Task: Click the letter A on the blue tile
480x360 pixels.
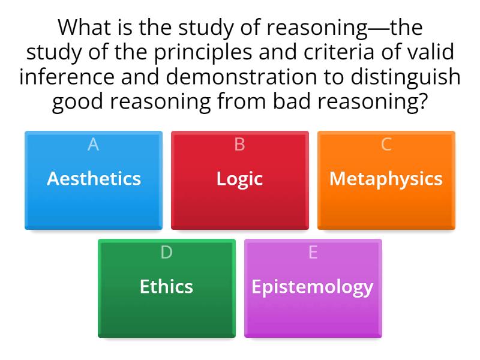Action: click(93, 145)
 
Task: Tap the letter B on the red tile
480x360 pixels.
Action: click(239, 145)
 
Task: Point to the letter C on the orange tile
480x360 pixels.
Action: click(386, 145)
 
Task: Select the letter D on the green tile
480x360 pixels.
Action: click(166, 253)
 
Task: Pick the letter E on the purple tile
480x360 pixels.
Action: click(313, 253)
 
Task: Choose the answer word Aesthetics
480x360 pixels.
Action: click(94, 178)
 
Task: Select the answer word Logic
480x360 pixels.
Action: click(239, 178)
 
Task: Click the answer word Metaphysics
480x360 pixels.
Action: click(386, 178)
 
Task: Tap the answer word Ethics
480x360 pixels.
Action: click(166, 286)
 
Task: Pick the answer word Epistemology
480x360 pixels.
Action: click(312, 286)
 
